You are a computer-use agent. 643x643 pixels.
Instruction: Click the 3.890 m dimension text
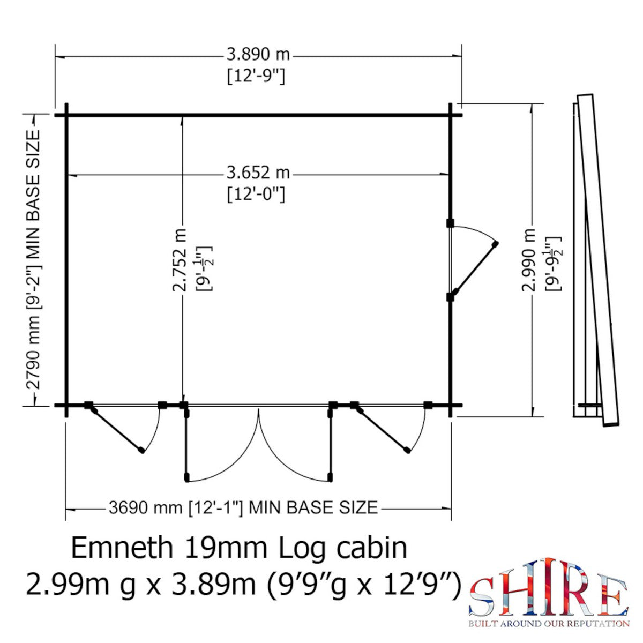click(258, 55)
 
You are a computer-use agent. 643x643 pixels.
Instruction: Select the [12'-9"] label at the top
click(256, 76)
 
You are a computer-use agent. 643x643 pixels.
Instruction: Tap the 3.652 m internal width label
click(258, 173)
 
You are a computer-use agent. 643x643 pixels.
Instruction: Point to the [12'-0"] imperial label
click(256, 193)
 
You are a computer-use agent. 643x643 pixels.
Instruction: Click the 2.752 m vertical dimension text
click(181, 260)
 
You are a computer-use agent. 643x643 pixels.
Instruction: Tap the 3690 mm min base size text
click(243, 507)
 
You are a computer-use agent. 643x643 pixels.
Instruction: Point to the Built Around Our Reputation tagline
click(549, 623)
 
